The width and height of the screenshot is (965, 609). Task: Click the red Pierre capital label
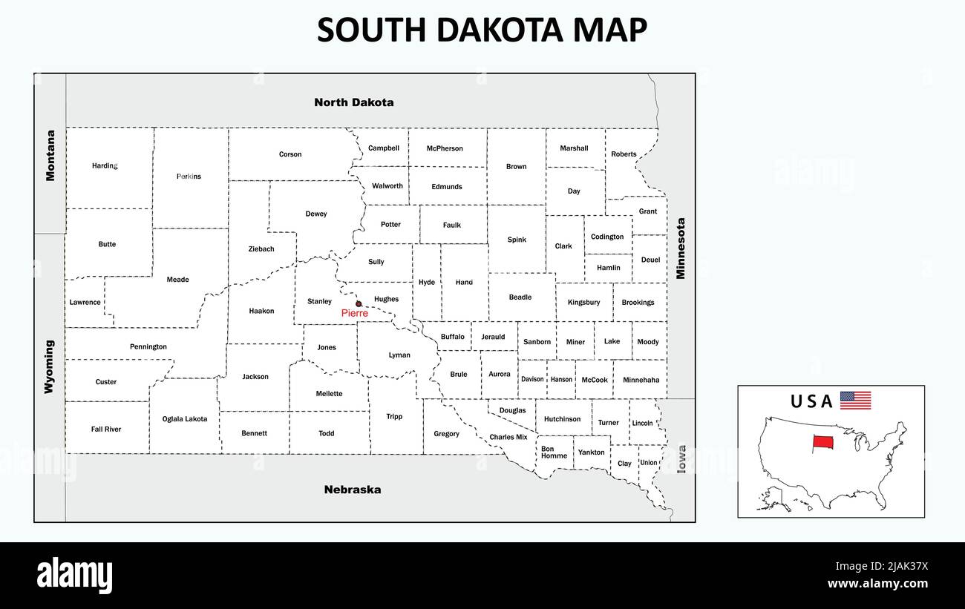pos(354,314)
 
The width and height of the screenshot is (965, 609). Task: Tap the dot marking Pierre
pos(359,303)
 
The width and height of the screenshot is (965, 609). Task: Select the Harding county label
pos(105,165)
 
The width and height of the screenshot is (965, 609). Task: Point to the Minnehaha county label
pos(641,380)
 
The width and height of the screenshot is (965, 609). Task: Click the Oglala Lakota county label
pos(185,419)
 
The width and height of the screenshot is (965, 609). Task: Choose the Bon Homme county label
pos(553,452)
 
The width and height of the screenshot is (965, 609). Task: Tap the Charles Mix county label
pos(508,437)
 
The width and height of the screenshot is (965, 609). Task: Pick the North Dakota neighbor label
pos(353,102)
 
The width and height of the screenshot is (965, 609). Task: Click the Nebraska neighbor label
pos(353,490)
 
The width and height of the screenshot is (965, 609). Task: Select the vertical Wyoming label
pos(49,366)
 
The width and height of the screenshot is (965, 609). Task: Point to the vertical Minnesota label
pos(680,248)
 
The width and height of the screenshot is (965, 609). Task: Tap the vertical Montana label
pos(50,156)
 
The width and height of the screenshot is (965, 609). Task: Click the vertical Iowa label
pos(681,459)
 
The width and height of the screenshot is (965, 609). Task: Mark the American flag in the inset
pos(855,401)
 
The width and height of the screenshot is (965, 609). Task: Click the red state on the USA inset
pos(822,443)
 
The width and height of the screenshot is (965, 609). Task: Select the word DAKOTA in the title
pos(491,30)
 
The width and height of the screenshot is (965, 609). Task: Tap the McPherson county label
pos(445,148)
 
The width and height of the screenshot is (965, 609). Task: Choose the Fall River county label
pos(106,429)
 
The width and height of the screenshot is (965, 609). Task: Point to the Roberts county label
pos(624,154)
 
